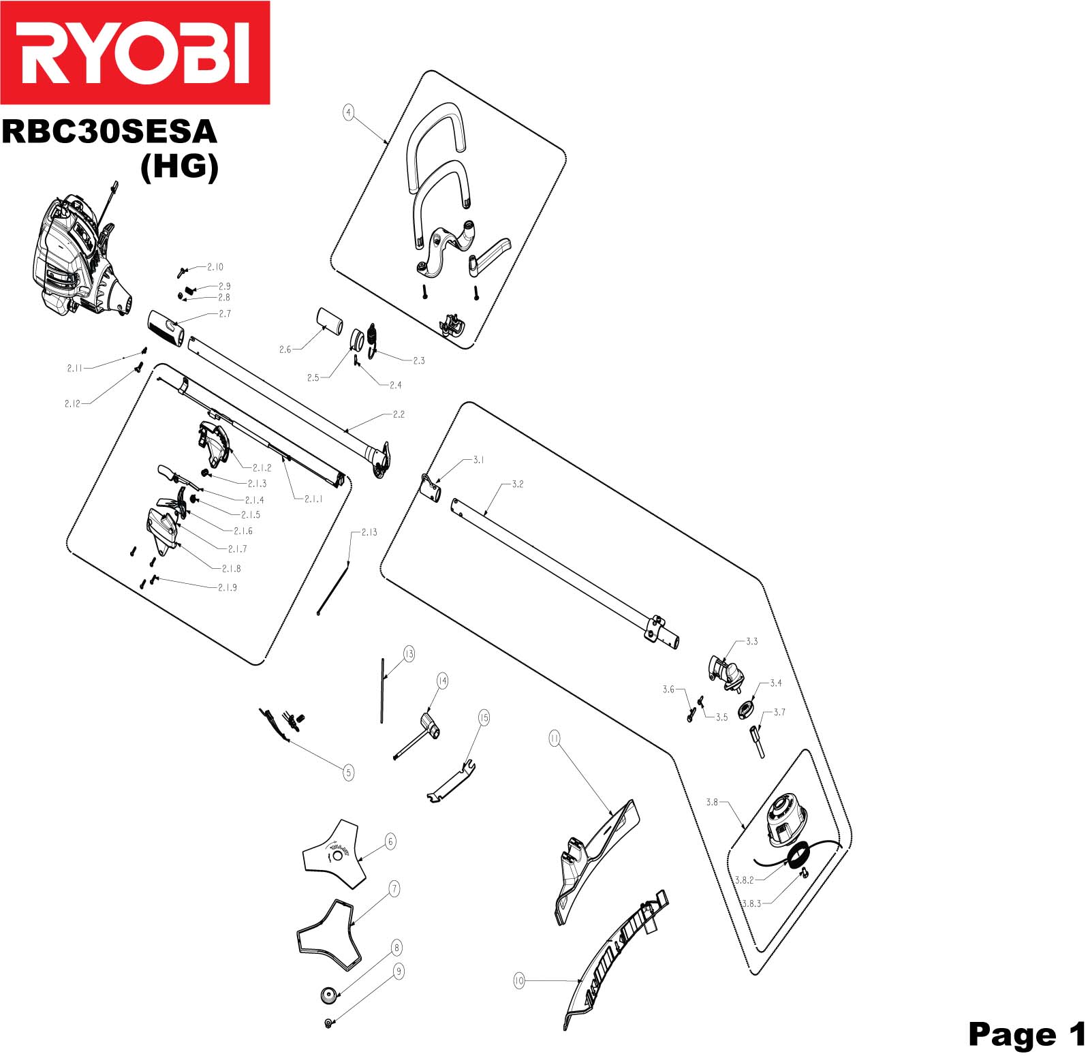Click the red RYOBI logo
coord(135,52)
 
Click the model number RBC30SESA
coord(109,131)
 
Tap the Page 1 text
coord(1026,1034)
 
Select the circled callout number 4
coord(348,112)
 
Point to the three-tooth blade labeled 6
coord(334,855)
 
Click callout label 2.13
coord(369,532)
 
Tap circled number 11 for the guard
coord(554,738)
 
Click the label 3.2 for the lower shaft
coord(518,484)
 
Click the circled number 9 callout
coord(399,971)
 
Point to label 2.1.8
coord(231,568)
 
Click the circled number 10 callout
coord(519,981)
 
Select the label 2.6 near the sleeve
coord(285,350)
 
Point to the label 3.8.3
coord(751,903)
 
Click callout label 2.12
coord(72,403)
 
